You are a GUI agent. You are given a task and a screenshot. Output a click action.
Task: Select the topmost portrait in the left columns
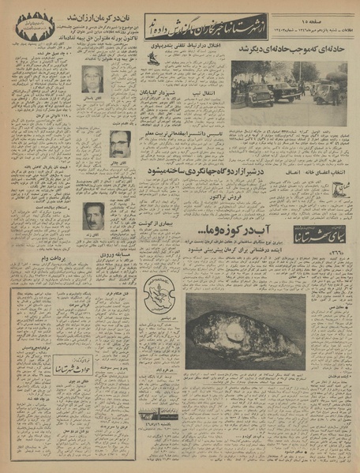pyautogui.click(x=93, y=79)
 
